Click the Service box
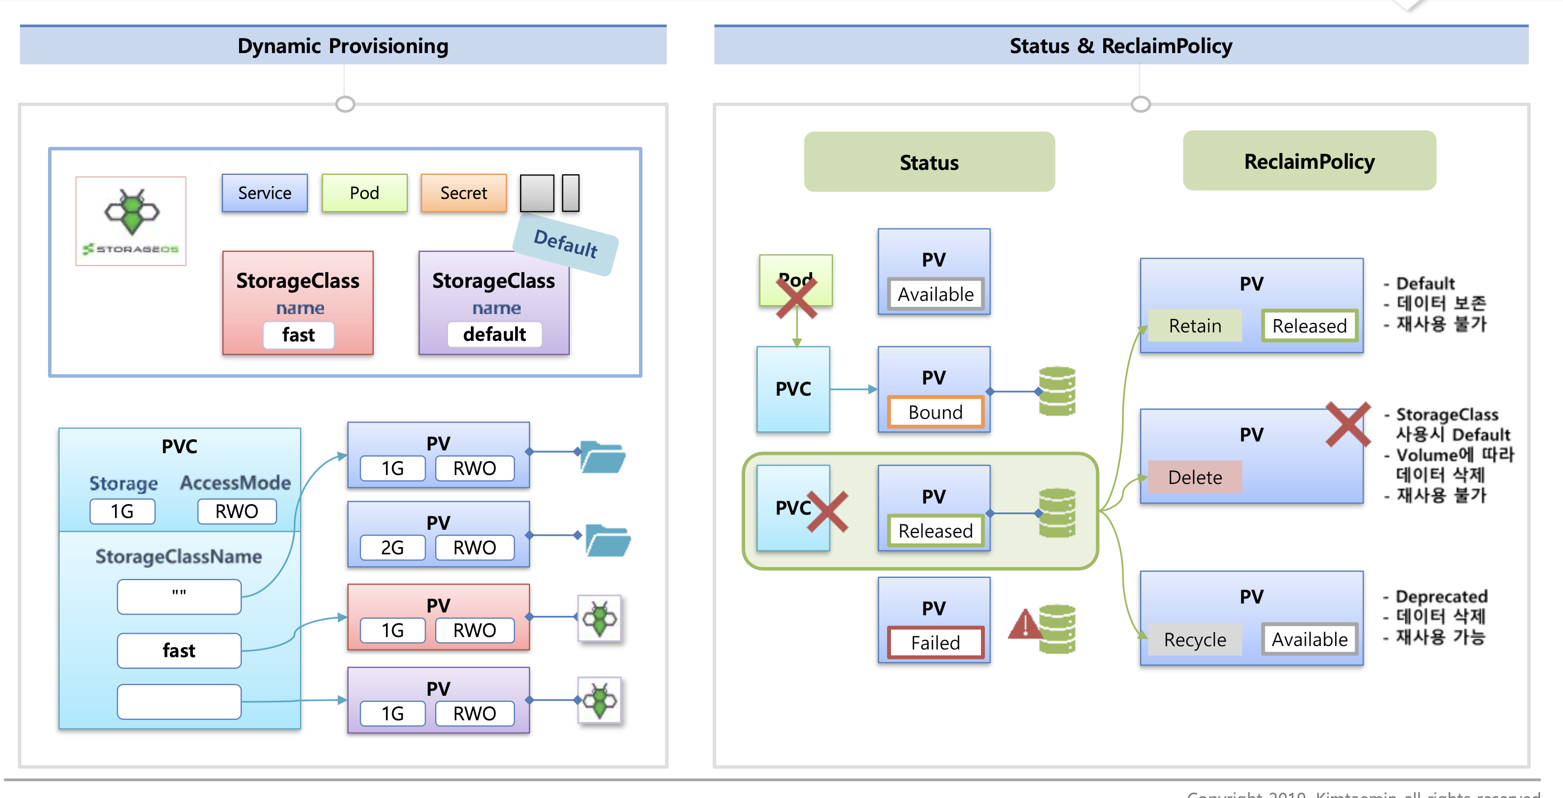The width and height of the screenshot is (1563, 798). (265, 193)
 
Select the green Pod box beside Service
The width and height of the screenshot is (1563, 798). (364, 193)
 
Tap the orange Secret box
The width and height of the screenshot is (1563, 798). (464, 193)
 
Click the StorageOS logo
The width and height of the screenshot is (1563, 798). (131, 221)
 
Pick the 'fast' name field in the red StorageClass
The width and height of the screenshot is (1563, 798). (298, 335)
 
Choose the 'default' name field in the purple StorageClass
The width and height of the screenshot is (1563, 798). (494, 334)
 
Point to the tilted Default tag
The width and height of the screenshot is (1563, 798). (565, 244)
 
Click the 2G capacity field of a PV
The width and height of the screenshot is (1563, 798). (392, 548)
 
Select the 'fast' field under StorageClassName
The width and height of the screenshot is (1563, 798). (179, 650)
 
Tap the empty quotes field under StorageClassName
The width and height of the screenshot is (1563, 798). (179, 596)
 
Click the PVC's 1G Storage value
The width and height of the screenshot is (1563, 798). (122, 511)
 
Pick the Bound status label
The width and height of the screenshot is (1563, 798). (935, 412)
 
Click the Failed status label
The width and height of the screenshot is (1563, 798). (935, 643)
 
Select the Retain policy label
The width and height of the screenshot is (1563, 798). (1195, 326)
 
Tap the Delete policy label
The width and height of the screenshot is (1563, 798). (1195, 478)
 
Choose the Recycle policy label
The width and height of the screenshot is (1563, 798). (1195, 640)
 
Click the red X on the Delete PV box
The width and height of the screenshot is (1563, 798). (1347, 424)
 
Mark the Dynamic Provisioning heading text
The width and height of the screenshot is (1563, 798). (343, 46)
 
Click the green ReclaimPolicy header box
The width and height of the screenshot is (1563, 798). (1309, 161)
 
